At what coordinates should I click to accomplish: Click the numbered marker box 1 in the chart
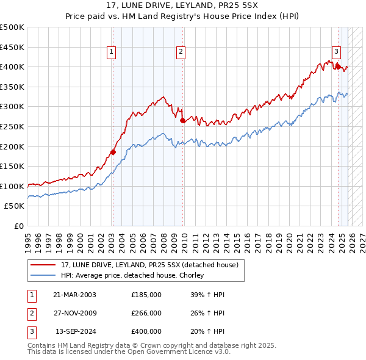point(112,53)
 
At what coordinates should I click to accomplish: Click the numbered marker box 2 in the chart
point(181,53)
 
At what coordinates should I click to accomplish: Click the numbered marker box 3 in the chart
point(336,52)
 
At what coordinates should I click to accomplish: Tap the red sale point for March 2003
point(112,152)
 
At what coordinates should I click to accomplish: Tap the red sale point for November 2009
point(182,120)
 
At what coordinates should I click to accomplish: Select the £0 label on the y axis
point(20,226)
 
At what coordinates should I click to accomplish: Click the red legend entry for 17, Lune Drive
point(152,264)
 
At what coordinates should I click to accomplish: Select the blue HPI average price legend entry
point(135,275)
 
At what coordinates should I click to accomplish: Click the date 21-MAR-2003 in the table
point(74,295)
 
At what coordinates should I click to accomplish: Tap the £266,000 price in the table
point(146,313)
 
